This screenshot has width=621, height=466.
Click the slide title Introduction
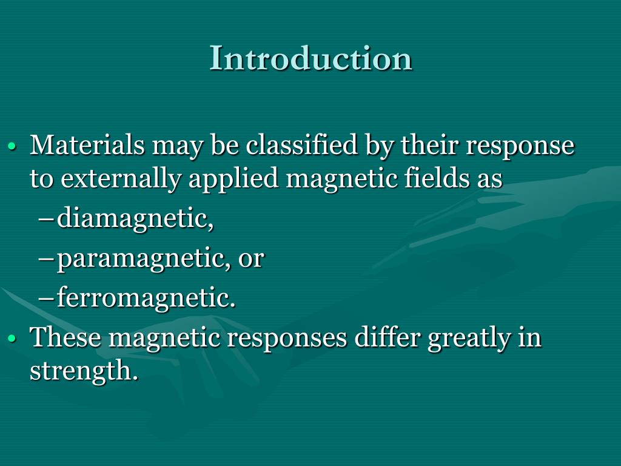[310, 59]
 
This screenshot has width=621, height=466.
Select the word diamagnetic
[135, 219]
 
